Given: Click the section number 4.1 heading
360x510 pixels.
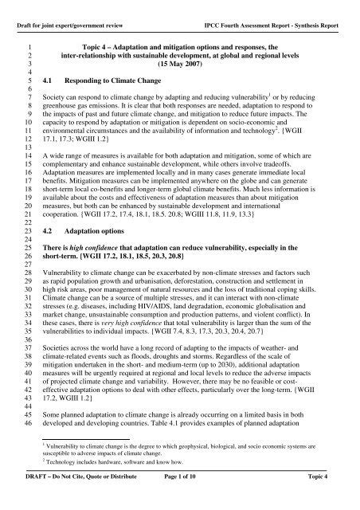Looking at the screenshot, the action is click(x=48, y=80).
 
